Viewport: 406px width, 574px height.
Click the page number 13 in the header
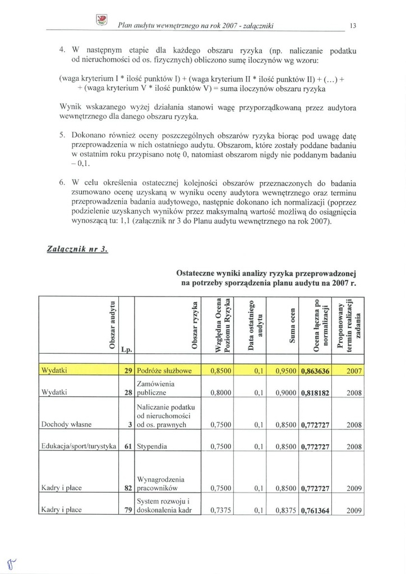353,26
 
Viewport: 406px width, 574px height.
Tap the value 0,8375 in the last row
286,510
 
